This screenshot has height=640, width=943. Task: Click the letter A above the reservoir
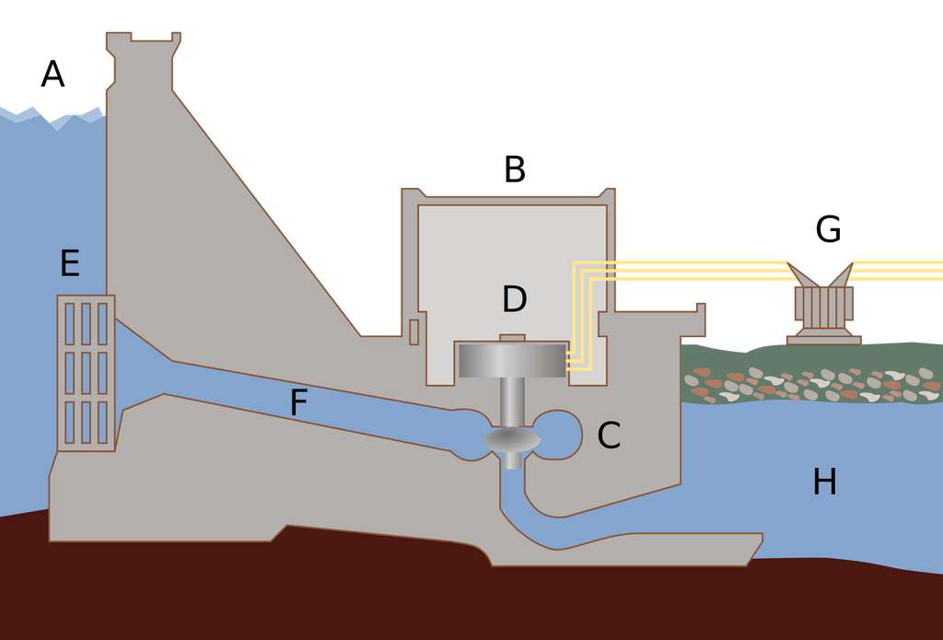52,75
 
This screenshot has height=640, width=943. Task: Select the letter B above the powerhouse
514,170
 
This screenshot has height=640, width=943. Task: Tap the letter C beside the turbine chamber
609,436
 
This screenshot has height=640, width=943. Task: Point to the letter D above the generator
514,299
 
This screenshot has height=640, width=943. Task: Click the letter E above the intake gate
69,264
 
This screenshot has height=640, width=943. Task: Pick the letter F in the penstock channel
297,403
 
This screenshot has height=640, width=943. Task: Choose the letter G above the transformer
828,230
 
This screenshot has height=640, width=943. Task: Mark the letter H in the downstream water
824,483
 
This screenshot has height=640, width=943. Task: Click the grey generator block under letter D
512,360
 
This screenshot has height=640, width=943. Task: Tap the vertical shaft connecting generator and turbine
512,401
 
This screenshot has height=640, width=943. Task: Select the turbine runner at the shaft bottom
512,441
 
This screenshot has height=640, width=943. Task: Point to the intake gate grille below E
86,373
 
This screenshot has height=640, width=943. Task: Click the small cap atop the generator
512,338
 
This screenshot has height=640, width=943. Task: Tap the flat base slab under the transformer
823,341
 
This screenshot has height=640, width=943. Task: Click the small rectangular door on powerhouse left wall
413,332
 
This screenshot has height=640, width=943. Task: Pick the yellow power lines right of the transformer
898,270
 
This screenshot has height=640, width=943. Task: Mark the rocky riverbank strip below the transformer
810,385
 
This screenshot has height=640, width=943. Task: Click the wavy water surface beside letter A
55,117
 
